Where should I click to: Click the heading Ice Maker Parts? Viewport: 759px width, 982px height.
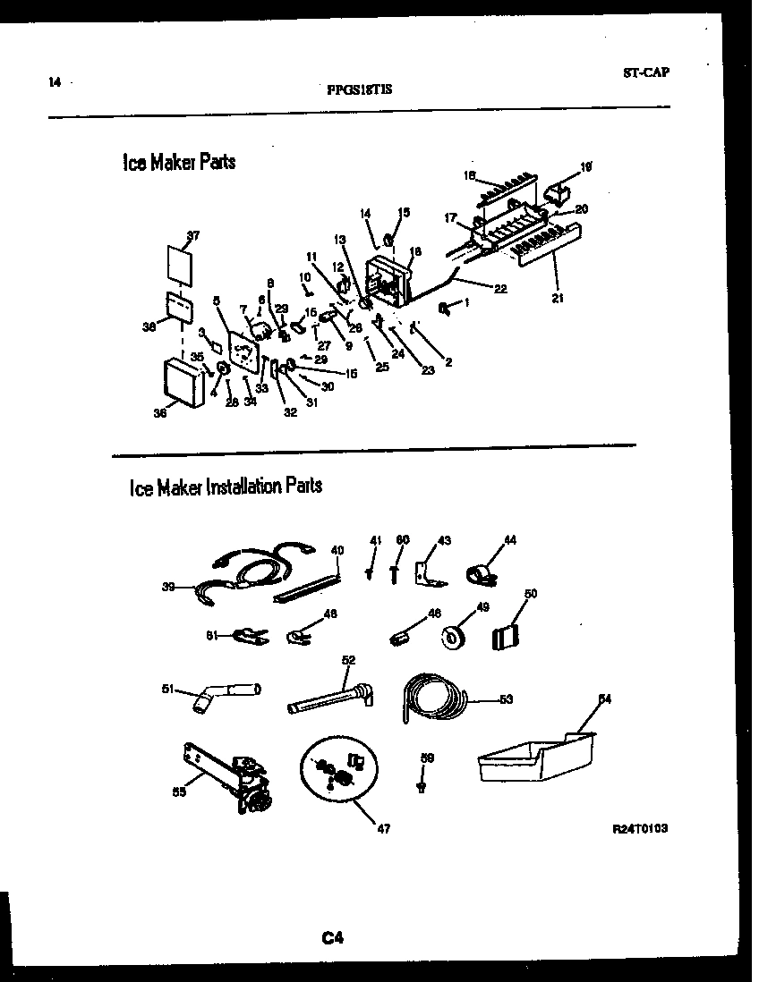click(x=178, y=163)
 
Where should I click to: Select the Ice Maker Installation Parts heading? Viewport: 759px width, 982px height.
click(x=226, y=487)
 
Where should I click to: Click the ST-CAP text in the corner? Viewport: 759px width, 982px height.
click(x=645, y=73)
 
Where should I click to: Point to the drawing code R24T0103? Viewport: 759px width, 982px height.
click(x=639, y=828)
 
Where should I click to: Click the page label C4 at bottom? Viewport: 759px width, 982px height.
click(x=333, y=938)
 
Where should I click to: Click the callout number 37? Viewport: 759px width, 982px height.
click(x=193, y=236)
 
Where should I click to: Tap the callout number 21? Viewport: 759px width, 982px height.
click(x=558, y=299)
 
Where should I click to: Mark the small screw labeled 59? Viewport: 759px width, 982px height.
click(x=421, y=785)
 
